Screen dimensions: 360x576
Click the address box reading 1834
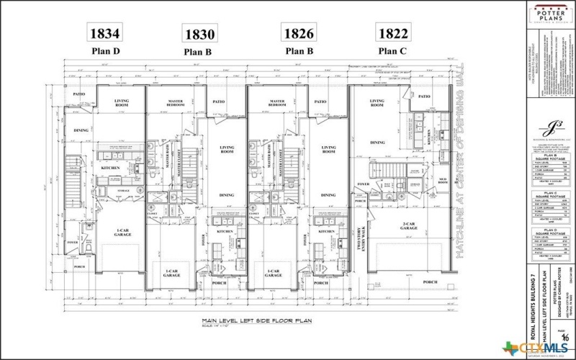(x=104, y=32)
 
